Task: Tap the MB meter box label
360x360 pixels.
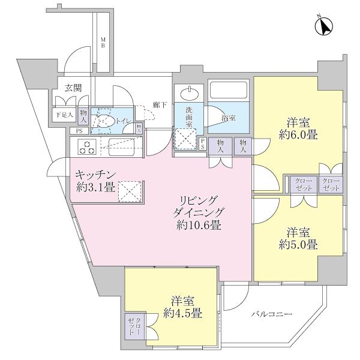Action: (x=103, y=43)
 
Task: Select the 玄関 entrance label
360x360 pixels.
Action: (x=73, y=88)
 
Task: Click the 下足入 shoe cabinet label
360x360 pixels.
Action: (x=64, y=115)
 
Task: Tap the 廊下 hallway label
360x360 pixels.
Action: (x=159, y=104)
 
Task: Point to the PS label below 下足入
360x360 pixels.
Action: (x=78, y=131)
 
